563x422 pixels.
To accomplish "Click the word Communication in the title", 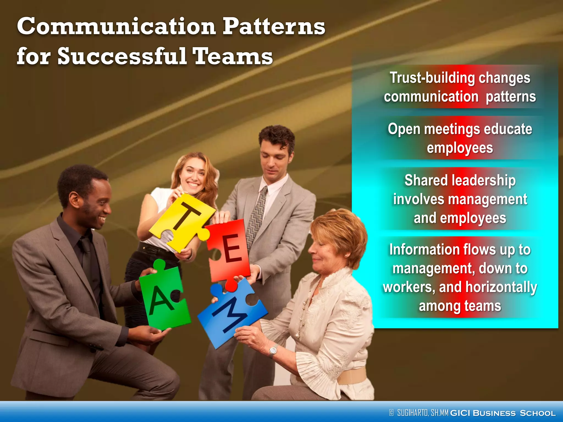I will click(x=117, y=27).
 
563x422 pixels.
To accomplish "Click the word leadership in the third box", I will click(x=484, y=181).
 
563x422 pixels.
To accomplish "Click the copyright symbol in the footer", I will click(x=391, y=413).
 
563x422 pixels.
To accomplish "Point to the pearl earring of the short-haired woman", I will click(x=346, y=256).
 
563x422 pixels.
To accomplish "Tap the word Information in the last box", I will click(x=424, y=250).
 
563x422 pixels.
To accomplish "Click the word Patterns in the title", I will click(x=274, y=27).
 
